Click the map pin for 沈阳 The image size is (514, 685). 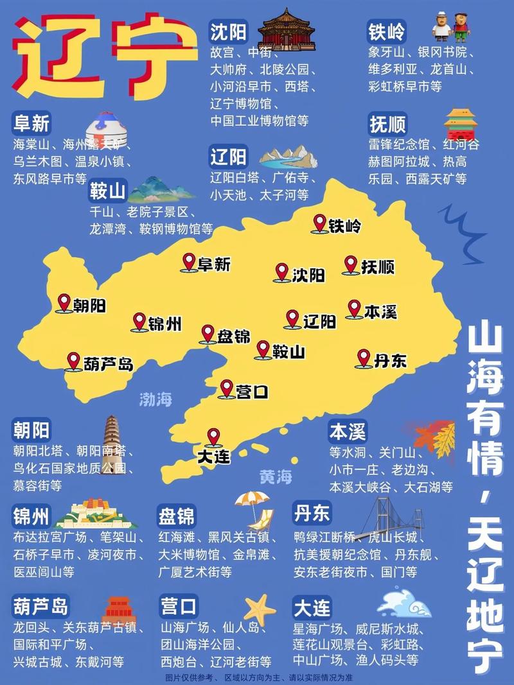pyautogui.click(x=281, y=272)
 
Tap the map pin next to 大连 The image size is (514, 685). pyautogui.click(x=213, y=437)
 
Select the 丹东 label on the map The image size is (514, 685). pyautogui.click(x=390, y=360)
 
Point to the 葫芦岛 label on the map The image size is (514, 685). pyautogui.click(x=108, y=364)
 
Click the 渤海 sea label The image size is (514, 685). pyautogui.click(x=156, y=399)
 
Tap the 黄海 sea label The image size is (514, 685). pyautogui.click(x=276, y=477)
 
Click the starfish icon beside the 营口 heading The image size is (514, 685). pyautogui.click(x=259, y=607)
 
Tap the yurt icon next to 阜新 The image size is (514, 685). pyautogui.click(x=105, y=128)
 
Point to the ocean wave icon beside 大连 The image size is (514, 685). pyautogui.click(x=403, y=603)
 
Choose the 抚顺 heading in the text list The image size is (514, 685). pyautogui.click(x=387, y=123)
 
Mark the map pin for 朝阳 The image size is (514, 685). pyautogui.click(x=64, y=302)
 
